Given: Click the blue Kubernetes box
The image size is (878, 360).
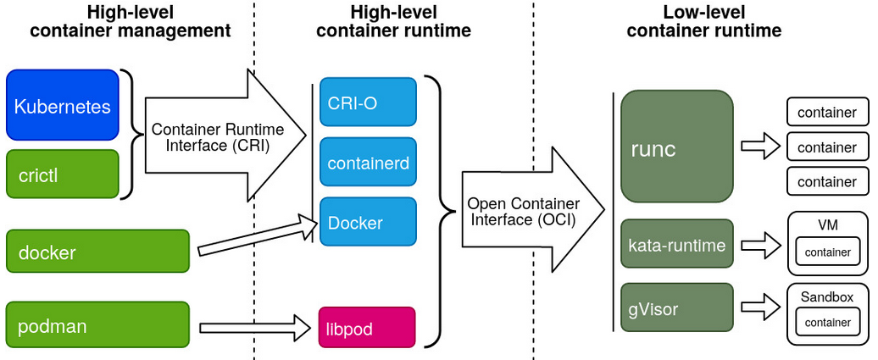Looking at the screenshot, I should (63, 105).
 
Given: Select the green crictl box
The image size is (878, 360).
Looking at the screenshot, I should (63, 174).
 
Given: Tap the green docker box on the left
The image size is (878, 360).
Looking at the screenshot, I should (97, 251).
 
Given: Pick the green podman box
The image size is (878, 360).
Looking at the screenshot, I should (97, 324).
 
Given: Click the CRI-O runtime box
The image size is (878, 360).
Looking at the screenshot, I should (368, 102).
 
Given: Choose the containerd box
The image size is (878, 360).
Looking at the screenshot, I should (368, 162).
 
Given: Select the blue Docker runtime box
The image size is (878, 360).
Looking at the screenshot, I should (368, 222).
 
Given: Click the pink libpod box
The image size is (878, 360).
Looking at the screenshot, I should (367, 327).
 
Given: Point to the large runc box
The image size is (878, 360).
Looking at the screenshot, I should (676, 147).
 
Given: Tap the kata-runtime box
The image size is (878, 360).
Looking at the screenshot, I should (676, 245).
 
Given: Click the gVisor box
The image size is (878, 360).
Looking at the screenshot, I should (676, 307).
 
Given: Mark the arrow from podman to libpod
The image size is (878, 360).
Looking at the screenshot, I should (254, 326).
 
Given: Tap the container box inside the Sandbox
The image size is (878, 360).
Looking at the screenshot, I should (827, 322).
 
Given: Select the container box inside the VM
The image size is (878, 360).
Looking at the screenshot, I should (827, 252).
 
